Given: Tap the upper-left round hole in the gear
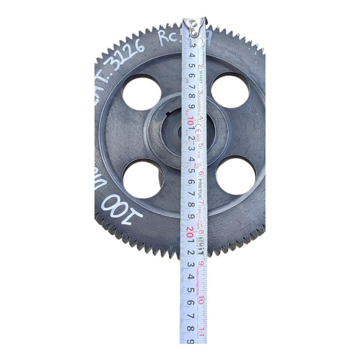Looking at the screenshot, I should click(x=141, y=92).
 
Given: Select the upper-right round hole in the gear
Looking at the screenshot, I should click(x=230, y=90).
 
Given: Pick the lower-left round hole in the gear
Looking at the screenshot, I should click(x=143, y=179).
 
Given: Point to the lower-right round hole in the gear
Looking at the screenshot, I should click(x=235, y=175).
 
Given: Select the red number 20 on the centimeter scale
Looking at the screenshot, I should click(x=190, y=230).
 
